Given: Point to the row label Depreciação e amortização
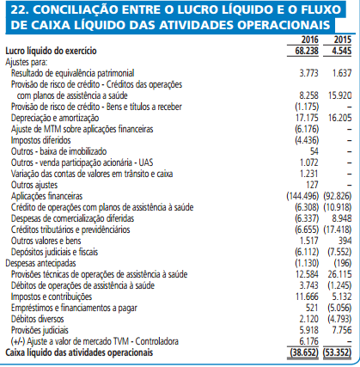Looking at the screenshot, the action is tap(55, 114).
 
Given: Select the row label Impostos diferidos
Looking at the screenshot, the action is tap(40, 141).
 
